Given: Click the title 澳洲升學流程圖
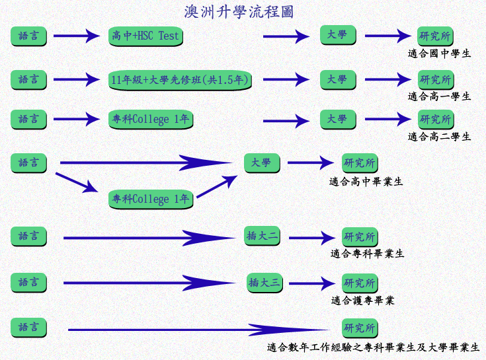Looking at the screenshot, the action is click(239, 12).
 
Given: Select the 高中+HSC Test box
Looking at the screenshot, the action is click(145, 36).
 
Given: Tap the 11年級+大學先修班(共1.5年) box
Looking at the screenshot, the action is click(180, 80).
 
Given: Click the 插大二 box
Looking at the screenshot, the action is click(263, 236).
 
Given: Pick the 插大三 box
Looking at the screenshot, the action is click(264, 283).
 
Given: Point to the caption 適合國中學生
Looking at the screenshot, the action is click(439, 54).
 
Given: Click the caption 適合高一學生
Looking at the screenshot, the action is click(439, 96).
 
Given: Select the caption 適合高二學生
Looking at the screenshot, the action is click(439, 137).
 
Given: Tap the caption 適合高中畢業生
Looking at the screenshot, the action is click(366, 182).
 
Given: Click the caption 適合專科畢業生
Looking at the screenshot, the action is click(367, 254).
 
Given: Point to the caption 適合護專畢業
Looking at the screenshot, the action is click(362, 301).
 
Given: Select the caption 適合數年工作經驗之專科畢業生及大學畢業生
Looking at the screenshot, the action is click(373, 347).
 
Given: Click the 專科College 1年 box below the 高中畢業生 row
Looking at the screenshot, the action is click(151, 199).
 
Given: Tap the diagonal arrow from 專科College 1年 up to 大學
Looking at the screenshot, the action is click(217, 186).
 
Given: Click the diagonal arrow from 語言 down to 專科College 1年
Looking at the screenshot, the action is click(77, 182).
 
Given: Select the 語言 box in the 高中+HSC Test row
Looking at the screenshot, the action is click(29, 36).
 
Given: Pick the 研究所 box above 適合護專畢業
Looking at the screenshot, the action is click(360, 283).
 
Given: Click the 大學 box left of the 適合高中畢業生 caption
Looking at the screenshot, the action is click(263, 162).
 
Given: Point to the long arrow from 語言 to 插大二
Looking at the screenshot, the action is click(149, 238).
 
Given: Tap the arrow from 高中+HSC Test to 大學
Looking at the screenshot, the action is click(286, 36).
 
